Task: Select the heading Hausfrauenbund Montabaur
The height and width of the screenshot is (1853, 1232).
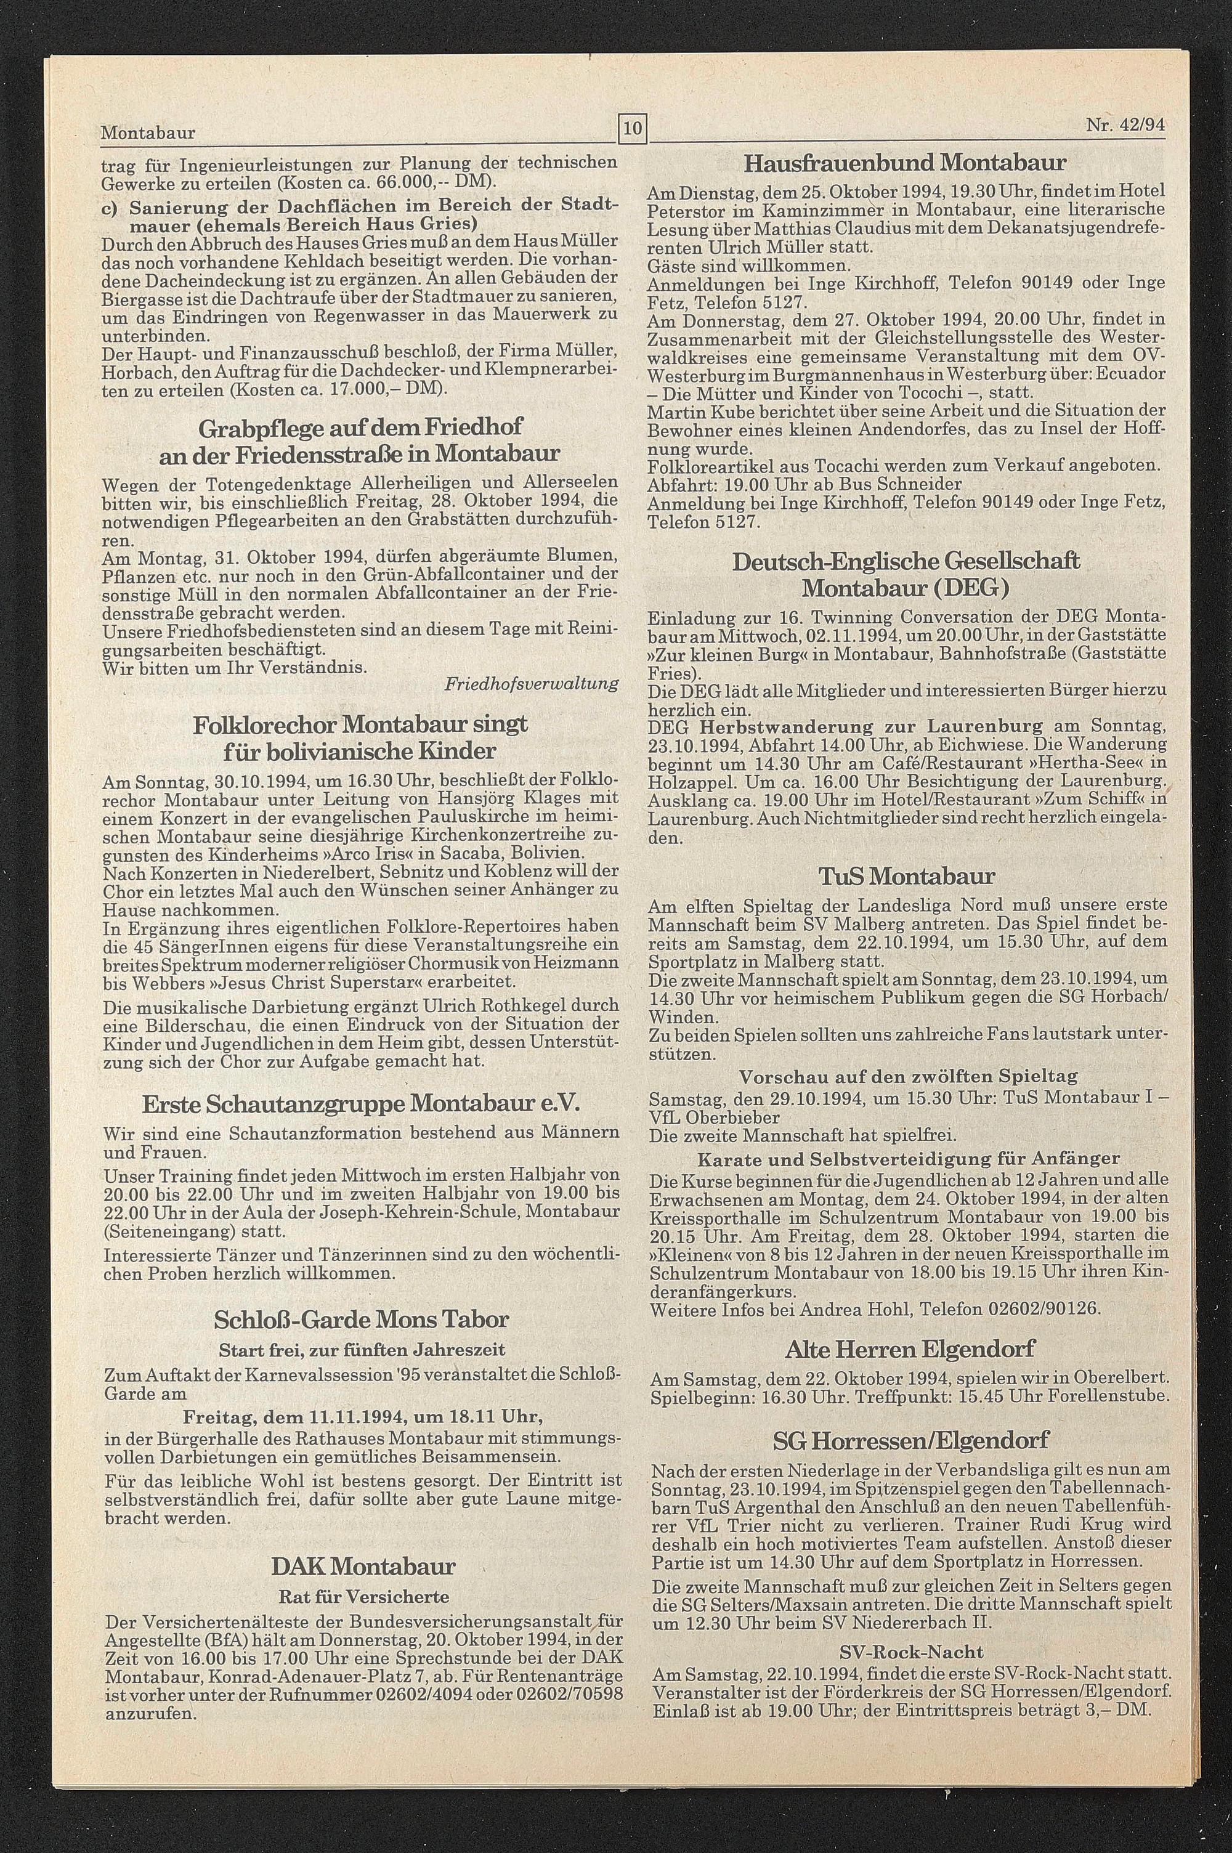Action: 904,163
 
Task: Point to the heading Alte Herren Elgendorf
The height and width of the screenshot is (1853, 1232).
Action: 910,1350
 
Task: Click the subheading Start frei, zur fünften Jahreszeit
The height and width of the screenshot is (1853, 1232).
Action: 362,1350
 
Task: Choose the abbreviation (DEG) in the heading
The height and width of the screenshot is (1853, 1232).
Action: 973,588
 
